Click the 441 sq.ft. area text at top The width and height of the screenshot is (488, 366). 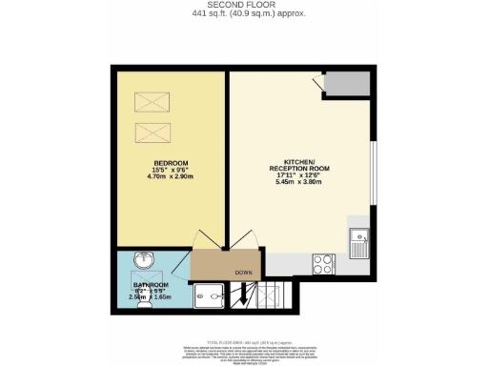(243, 14)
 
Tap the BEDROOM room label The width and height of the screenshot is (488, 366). (171, 161)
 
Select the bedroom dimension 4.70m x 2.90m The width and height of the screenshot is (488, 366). (171, 176)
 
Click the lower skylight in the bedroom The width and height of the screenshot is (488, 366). (148, 131)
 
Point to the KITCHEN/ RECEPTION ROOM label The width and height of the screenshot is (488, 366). (298, 165)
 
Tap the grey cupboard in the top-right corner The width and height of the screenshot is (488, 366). (347, 84)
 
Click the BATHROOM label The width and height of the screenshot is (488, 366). (149, 286)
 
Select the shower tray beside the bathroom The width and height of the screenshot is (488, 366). (209, 298)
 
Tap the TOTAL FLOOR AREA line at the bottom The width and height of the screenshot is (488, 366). (243, 341)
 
